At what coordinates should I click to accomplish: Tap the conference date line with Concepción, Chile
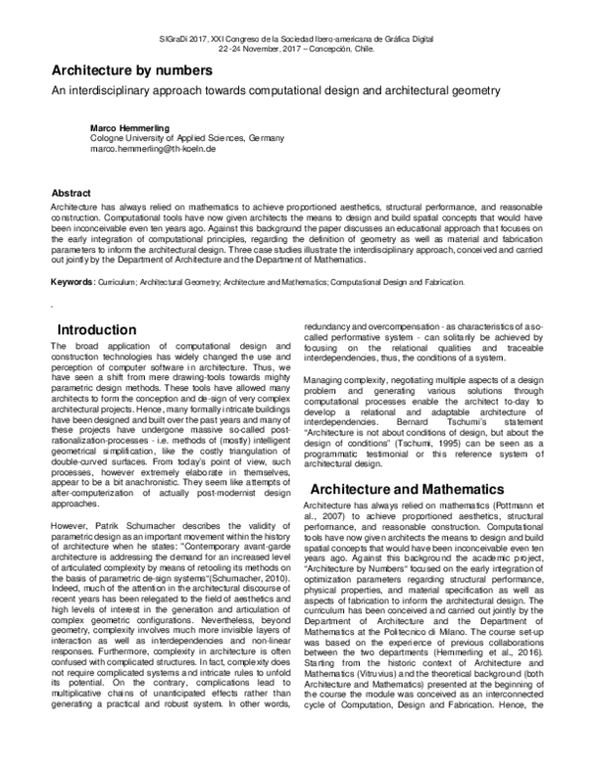[297, 47]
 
